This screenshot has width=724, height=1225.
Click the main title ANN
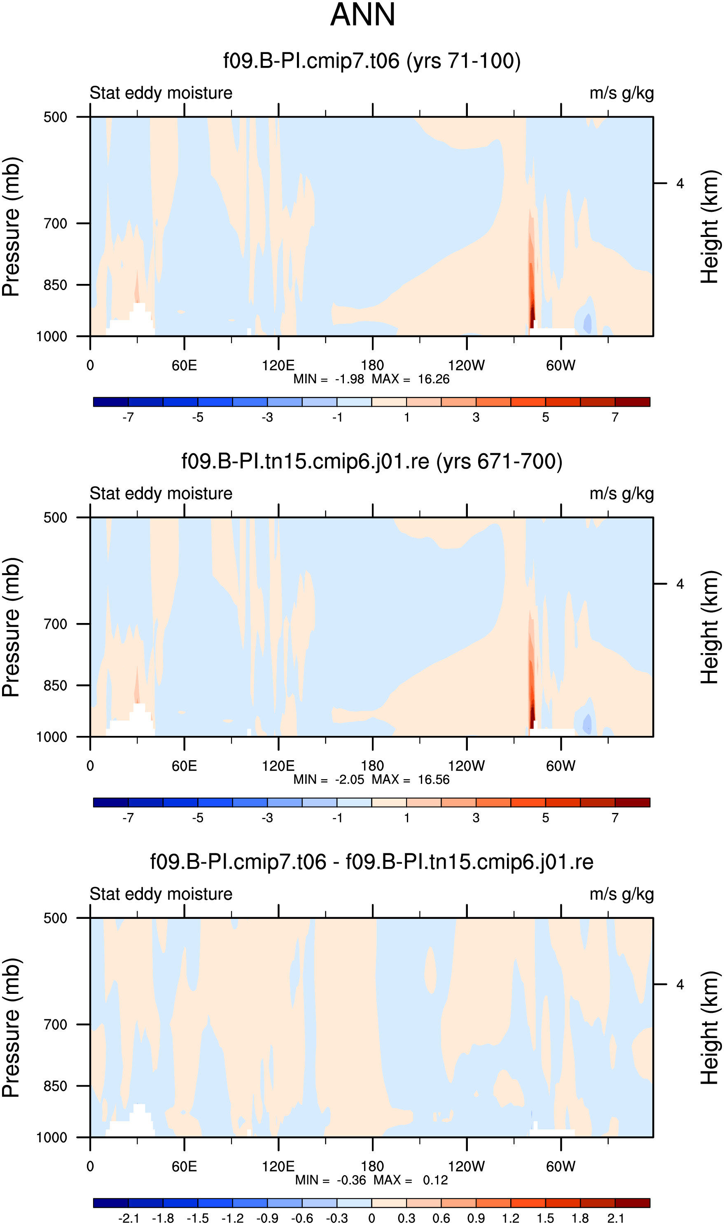point(362,15)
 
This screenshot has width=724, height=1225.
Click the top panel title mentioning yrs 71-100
point(372,61)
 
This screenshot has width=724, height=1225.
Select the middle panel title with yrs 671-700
point(372,461)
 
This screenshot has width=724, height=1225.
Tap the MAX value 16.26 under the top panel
point(433,379)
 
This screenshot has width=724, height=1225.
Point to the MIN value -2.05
point(349,780)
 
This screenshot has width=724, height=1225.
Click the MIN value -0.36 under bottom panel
point(351,1180)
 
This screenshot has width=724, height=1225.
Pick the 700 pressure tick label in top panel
point(55,223)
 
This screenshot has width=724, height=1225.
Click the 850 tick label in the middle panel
point(55,685)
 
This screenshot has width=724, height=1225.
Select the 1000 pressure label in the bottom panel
point(52,1137)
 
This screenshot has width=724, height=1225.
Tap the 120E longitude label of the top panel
point(278,365)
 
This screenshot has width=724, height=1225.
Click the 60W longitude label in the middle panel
point(561,766)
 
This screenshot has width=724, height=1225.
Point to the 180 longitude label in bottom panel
point(372,1166)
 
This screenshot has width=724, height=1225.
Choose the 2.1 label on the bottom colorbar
point(616,1218)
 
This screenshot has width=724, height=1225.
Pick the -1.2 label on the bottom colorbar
point(232,1218)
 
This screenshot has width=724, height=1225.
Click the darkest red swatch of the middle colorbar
point(632,802)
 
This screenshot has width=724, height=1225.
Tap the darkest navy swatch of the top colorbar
point(111,402)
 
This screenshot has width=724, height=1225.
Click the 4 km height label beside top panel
point(680,183)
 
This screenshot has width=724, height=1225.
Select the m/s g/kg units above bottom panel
point(621,894)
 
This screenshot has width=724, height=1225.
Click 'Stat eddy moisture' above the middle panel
point(161,493)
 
